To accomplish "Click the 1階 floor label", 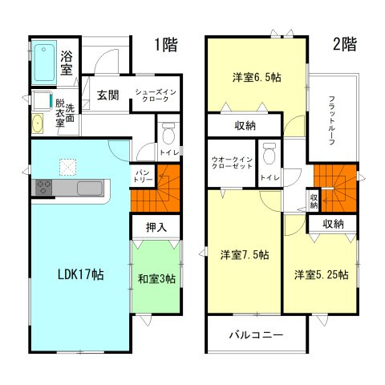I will (x=165, y=45).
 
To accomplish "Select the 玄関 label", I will (x=108, y=95).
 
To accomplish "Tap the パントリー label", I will (x=143, y=176).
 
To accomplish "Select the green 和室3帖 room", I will (x=156, y=278).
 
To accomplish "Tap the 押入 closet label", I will (x=156, y=228).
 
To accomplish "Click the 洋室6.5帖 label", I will (x=257, y=78).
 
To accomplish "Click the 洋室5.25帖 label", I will (x=321, y=274).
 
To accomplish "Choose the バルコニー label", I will (x=256, y=335).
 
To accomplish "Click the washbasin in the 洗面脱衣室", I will (x=37, y=124).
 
